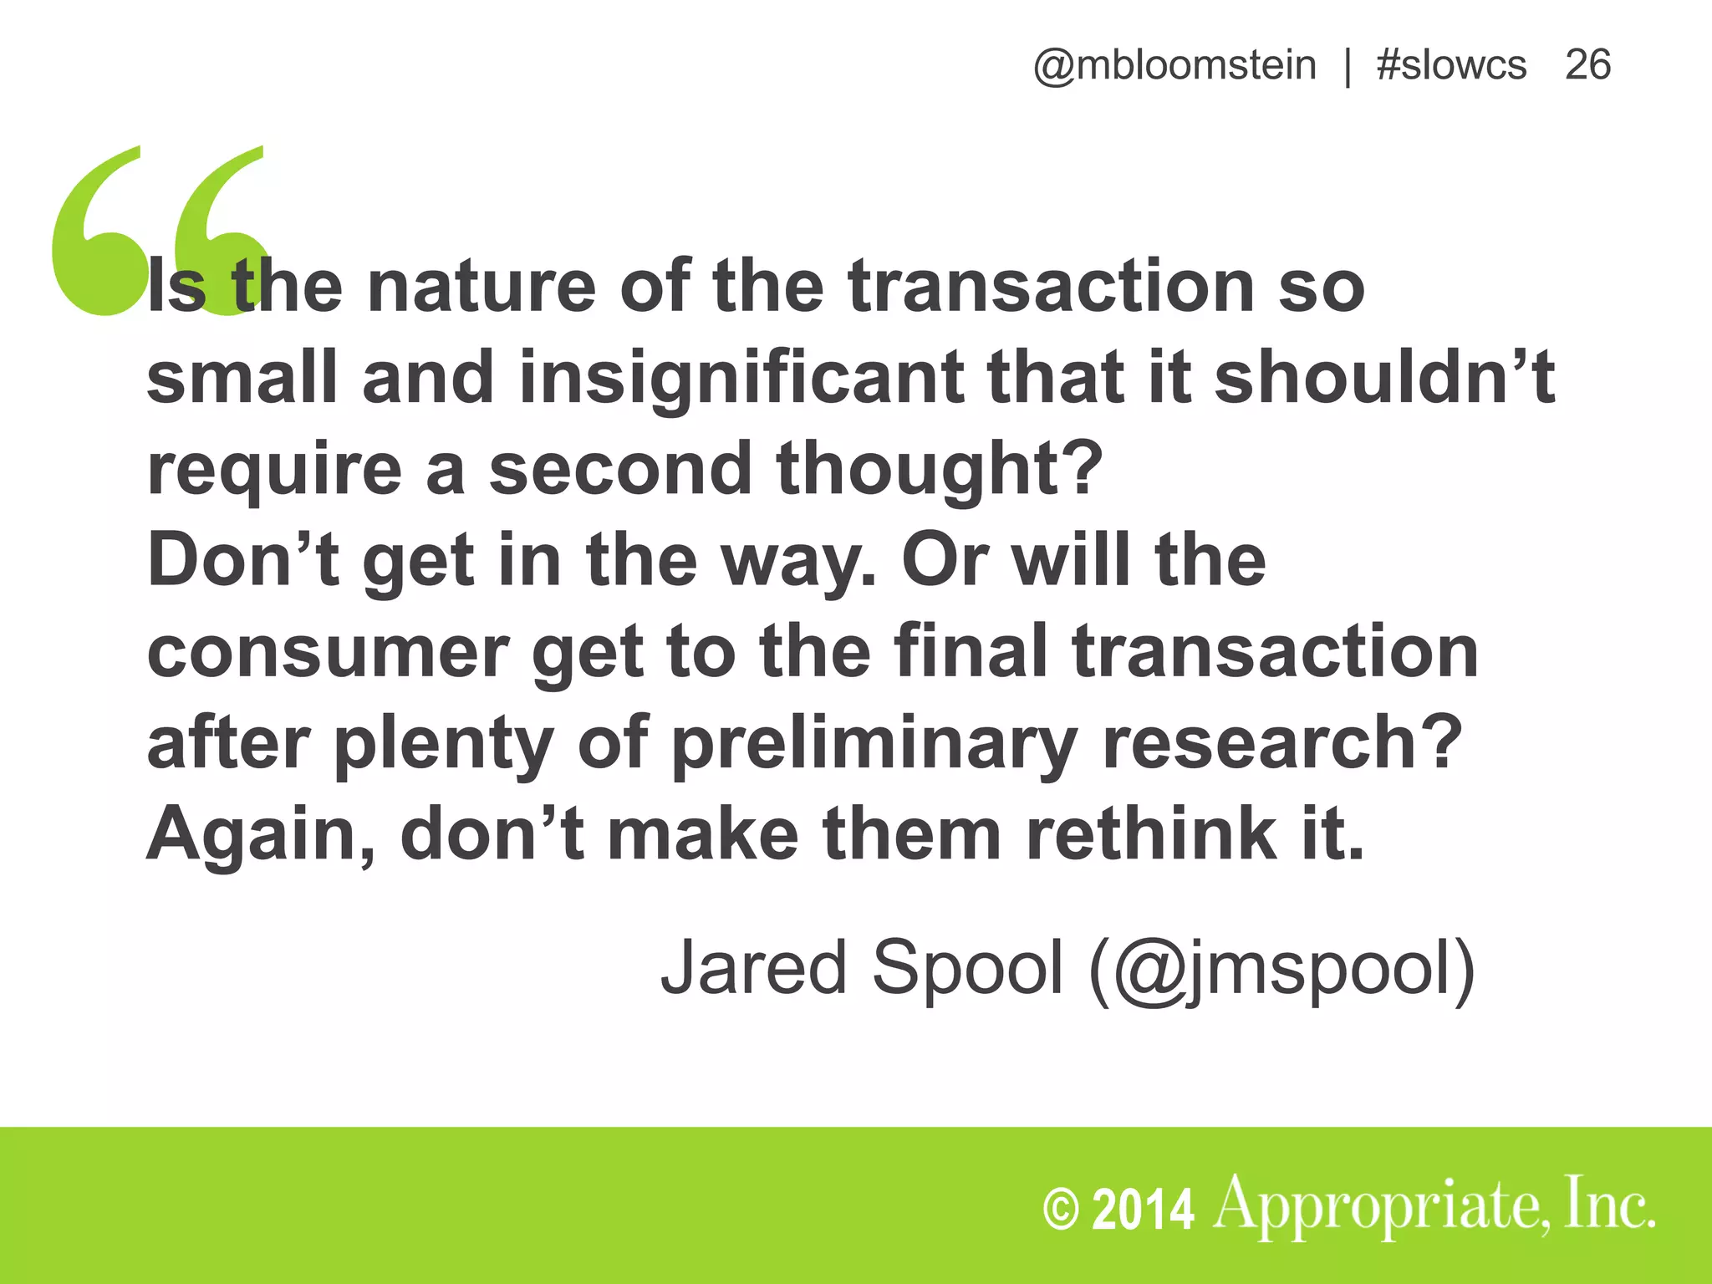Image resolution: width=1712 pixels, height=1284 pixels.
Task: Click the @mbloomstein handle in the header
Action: coord(1174,65)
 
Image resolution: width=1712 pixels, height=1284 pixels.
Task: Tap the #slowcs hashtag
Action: coord(1451,65)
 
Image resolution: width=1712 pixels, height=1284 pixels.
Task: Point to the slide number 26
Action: coord(1587,65)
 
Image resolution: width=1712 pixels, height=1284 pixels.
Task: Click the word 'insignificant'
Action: coord(741,378)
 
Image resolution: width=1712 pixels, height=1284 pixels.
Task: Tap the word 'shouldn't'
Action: coord(1384,378)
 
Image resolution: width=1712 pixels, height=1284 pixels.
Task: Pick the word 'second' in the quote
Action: coord(620,469)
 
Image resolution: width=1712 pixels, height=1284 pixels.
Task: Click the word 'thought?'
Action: coord(940,469)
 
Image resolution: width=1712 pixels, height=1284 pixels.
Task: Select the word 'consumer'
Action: coord(328,652)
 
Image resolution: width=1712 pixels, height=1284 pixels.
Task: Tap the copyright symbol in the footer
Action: coord(1061,1210)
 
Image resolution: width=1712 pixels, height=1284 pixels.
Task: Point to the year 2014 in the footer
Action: coord(1144,1210)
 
